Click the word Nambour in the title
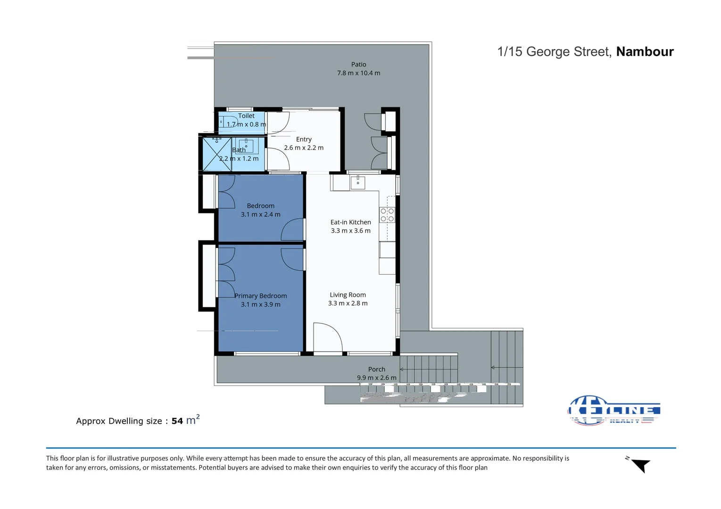645,52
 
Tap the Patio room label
358,65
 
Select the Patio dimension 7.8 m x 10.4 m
358,73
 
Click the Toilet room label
246,116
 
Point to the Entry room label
304,140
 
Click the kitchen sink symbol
358,182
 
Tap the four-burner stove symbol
387,215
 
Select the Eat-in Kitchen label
350,222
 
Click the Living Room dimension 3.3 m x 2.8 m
348,304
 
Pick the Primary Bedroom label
261,296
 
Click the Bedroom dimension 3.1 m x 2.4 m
260,214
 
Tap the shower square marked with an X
216,154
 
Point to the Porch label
376,369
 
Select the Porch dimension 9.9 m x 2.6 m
376,378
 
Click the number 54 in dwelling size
177,421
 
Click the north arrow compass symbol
640,465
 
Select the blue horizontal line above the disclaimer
361,448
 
